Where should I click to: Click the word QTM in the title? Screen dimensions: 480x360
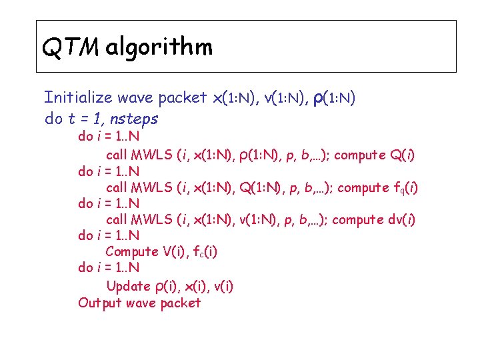tap(70, 47)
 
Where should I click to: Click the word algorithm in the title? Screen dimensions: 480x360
tap(159, 47)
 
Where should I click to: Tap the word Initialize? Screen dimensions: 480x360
tap(78, 98)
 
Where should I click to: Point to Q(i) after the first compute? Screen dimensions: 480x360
tap(402, 155)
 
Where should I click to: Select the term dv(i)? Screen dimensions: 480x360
tap(402, 220)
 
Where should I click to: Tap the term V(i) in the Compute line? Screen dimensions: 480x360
tap(169, 252)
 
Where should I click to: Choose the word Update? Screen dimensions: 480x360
tap(128, 287)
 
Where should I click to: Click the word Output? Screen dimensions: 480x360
tap(100, 303)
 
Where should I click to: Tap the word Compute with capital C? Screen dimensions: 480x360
tap(131, 252)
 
